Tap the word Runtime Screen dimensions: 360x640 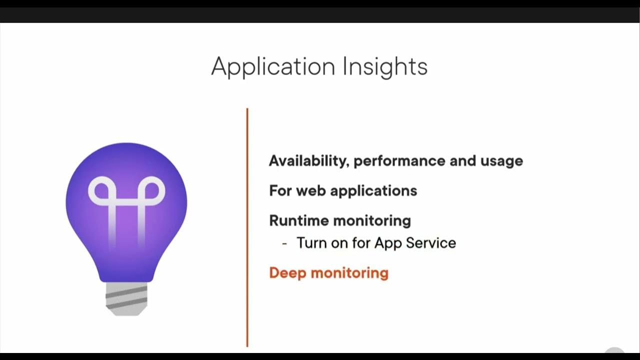299,220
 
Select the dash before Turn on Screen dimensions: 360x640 284,243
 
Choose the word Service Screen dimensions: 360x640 430,243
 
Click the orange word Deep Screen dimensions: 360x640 287,273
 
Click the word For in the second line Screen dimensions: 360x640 280,190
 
